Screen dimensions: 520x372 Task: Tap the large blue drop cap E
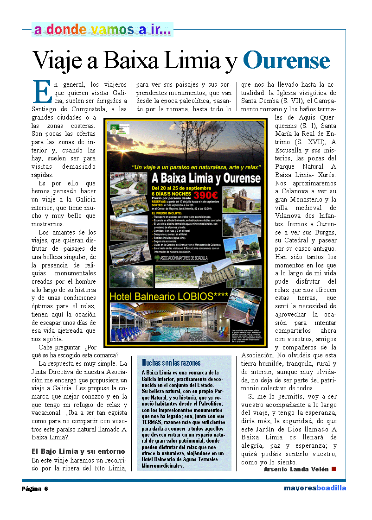[x=42, y=92]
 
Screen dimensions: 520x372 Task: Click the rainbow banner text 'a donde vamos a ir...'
[x=103, y=30]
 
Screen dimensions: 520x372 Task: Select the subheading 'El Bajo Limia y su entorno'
[x=78, y=451]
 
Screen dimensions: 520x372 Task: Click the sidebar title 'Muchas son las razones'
[x=171, y=362]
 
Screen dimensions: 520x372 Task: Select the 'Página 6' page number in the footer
[x=35, y=488]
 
